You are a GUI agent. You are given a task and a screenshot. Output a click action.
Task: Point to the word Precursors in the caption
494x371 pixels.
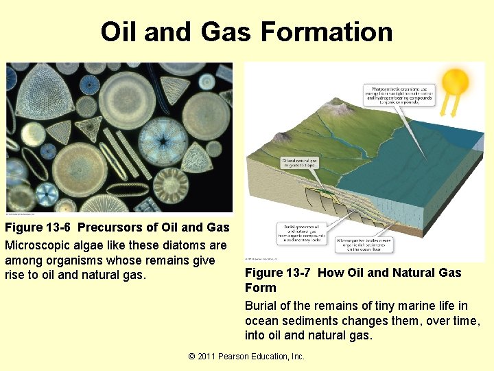(x=110, y=228)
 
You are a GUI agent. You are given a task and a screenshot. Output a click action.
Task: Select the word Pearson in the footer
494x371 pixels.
(x=240, y=357)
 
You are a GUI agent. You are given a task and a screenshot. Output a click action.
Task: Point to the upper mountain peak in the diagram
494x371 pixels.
(x=337, y=104)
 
